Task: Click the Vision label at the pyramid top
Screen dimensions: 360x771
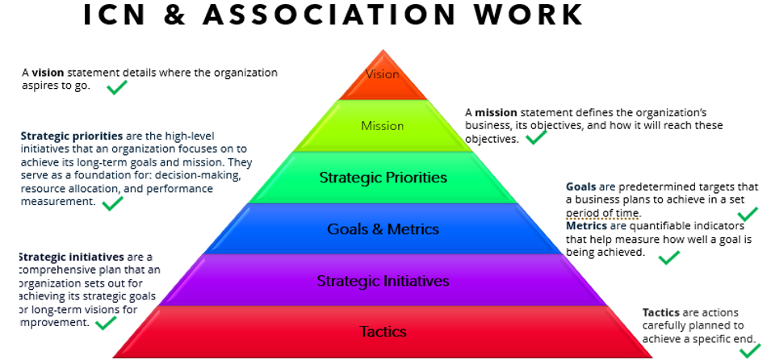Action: (382, 74)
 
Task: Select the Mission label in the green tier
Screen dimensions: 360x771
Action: (382, 126)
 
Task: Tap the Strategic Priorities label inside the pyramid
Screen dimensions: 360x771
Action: (383, 178)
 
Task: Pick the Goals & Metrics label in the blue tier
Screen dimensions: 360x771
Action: (383, 229)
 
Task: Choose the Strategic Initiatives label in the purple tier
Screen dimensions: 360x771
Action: (383, 281)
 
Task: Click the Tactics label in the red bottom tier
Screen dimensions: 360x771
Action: (383, 332)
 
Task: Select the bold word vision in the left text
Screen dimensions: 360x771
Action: (48, 73)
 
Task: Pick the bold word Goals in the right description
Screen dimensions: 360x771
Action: (580, 187)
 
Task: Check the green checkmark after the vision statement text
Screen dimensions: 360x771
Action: (117, 86)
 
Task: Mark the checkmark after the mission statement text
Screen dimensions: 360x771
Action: (535, 138)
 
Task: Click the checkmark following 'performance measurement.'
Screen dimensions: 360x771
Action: (112, 203)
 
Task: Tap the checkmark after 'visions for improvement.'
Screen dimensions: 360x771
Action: (106, 323)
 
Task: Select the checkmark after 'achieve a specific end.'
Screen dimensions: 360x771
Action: (749, 350)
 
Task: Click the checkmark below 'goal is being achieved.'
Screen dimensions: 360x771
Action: (668, 257)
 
